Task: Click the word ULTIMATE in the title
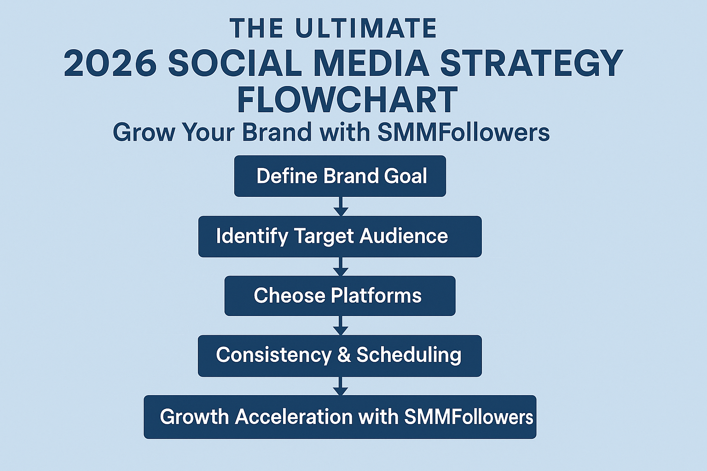click(x=366, y=29)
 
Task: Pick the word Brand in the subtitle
click(x=277, y=132)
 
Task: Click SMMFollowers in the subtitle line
click(x=464, y=132)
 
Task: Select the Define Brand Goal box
click(x=340, y=176)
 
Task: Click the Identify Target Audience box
click(x=340, y=236)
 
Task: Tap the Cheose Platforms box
click(x=340, y=296)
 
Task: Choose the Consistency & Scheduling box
click(x=340, y=356)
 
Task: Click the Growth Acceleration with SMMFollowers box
click(x=340, y=417)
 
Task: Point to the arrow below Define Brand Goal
click(x=340, y=207)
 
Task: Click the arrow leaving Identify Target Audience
click(x=340, y=267)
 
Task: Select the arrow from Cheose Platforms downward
click(x=340, y=326)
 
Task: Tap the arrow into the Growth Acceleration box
click(x=340, y=386)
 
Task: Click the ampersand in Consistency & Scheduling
click(x=344, y=355)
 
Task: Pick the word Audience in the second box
click(x=404, y=236)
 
